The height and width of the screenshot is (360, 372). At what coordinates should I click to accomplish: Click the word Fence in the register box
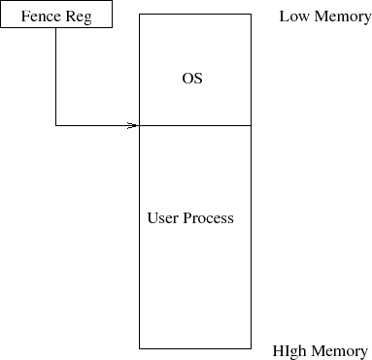point(41,16)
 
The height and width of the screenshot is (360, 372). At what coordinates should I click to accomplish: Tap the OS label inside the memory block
point(192,78)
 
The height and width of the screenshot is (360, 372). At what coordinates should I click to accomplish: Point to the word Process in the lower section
point(210,218)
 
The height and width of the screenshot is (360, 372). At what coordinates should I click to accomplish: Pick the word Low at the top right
point(294,16)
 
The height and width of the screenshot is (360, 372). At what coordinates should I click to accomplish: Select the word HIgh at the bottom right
point(291,351)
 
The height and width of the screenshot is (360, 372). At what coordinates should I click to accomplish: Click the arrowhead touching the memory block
point(134,125)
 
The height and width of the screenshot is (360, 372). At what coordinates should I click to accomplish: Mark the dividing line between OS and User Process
point(195,125)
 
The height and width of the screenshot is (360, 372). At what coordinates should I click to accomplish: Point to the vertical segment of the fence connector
point(55,78)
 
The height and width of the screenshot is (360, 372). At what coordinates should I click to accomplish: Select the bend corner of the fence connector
point(55,125)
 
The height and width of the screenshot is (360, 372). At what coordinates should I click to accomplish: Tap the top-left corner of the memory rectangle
point(140,15)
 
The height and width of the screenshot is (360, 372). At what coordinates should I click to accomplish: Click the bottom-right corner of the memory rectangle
point(252,347)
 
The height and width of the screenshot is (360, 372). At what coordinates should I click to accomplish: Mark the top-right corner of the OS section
point(252,15)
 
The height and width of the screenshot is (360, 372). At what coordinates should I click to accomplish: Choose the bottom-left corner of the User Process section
point(140,347)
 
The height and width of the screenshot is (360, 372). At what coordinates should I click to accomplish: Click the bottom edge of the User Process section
point(195,347)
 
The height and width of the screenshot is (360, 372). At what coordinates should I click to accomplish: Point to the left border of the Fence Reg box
point(1,15)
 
